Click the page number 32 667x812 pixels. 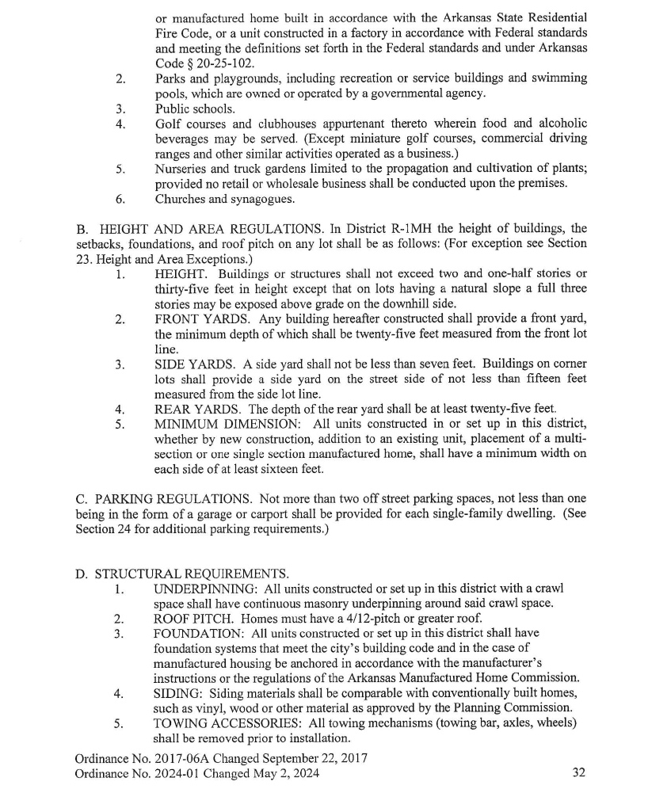click(578, 773)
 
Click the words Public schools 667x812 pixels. click(195, 109)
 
